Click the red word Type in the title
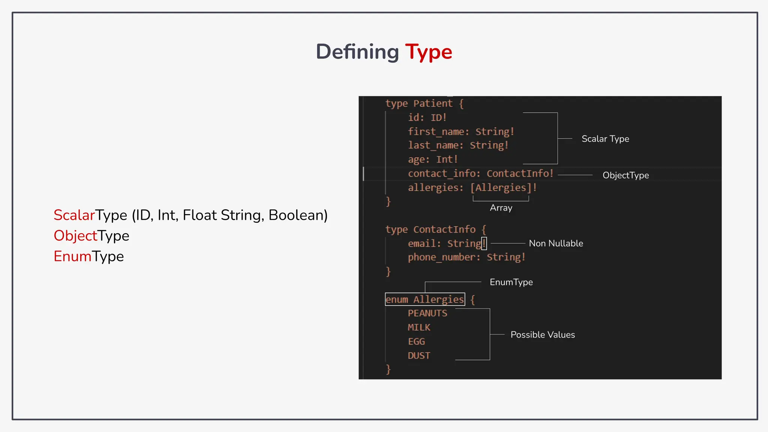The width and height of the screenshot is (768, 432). click(x=429, y=52)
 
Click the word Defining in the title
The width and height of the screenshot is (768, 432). click(x=357, y=52)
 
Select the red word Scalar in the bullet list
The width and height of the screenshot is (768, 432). click(x=74, y=215)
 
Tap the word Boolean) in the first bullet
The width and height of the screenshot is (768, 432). click(x=298, y=215)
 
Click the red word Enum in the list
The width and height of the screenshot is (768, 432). click(x=72, y=256)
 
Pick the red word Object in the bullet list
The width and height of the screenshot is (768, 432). click(x=75, y=236)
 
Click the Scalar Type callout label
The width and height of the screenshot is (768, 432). click(x=605, y=139)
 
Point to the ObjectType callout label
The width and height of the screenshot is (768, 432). click(x=625, y=175)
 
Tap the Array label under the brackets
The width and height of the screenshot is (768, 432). click(x=501, y=208)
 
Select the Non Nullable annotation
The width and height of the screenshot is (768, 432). click(x=556, y=243)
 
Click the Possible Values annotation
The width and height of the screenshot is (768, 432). click(x=543, y=334)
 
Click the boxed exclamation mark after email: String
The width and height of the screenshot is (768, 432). click(x=484, y=243)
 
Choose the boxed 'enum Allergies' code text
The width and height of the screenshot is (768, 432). click(x=425, y=299)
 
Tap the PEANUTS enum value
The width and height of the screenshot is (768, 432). click(x=427, y=313)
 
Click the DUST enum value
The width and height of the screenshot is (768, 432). click(x=419, y=355)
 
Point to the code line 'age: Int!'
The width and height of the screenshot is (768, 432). click(x=433, y=159)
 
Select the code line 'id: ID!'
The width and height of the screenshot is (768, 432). click(x=427, y=117)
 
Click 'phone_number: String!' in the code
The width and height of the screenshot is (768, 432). click(x=466, y=257)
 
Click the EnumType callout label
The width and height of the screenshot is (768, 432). click(x=511, y=282)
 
